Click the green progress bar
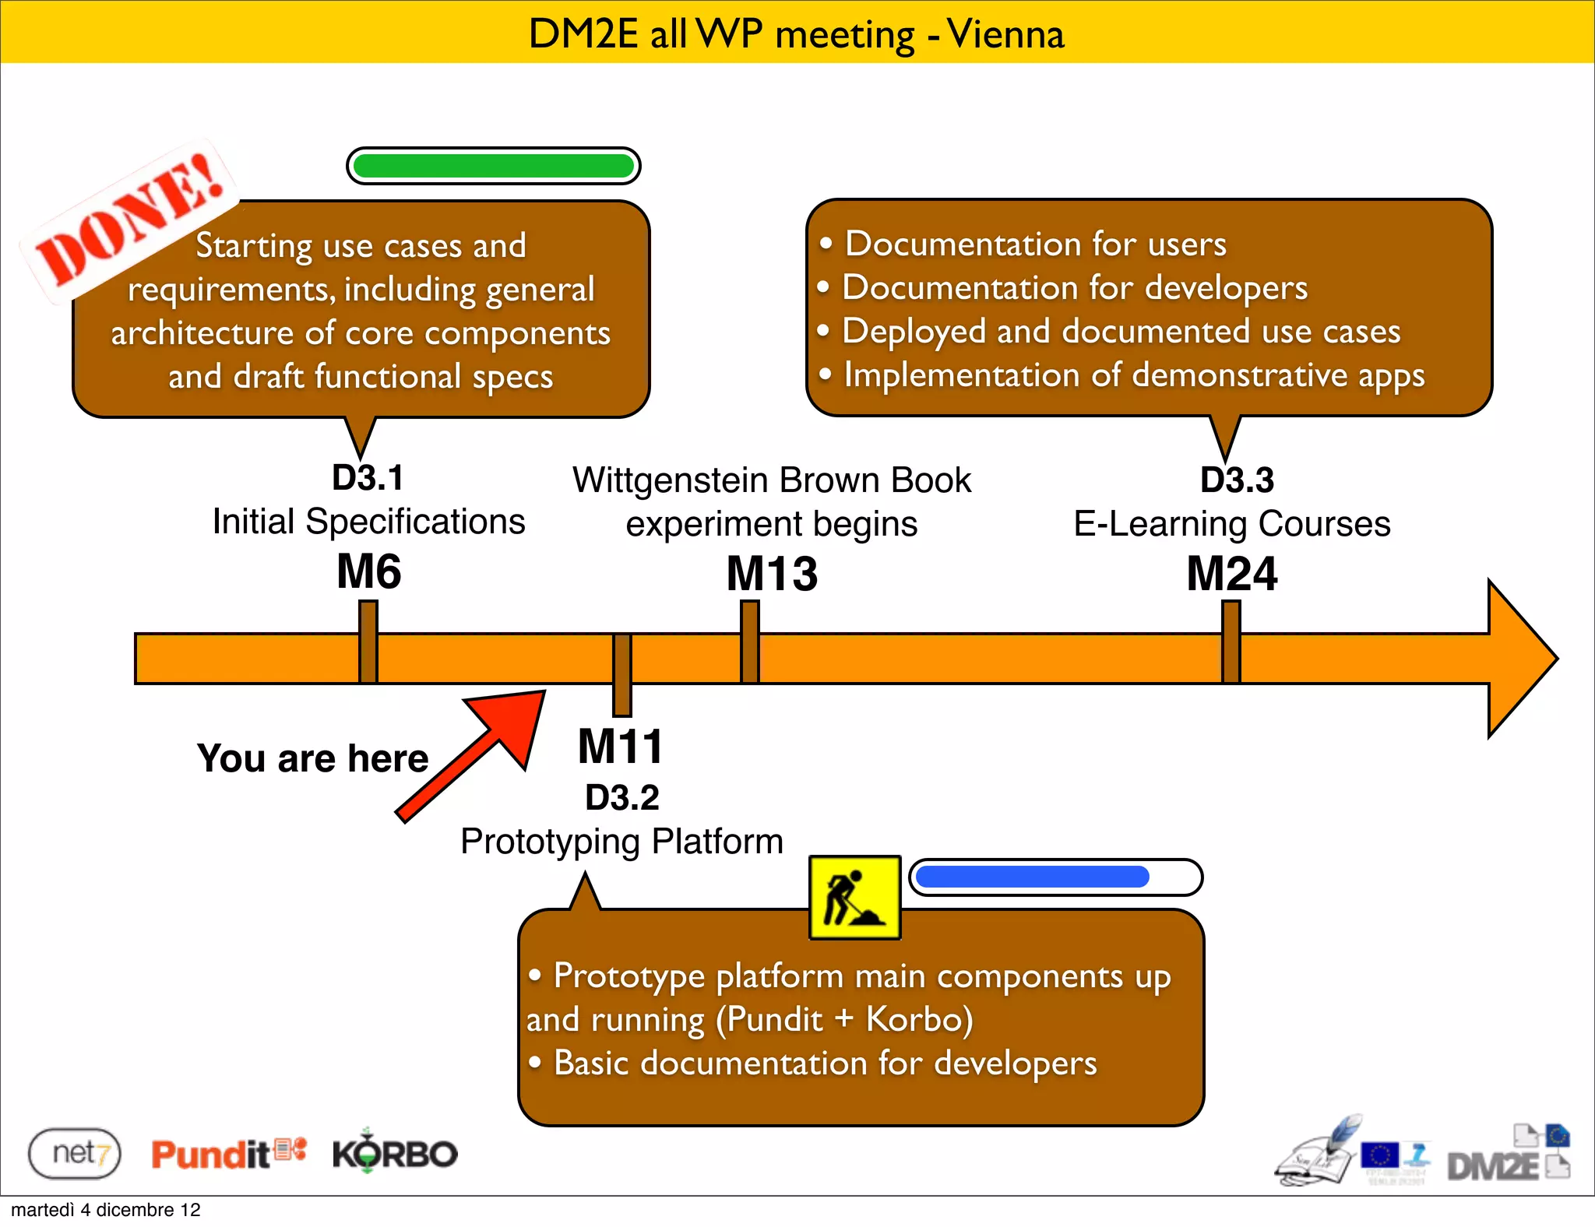493,166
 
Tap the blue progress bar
1055,877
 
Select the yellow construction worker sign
854,898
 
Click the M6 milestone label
369,571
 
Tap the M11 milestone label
621,747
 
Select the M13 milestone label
772,575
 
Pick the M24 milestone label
1231,575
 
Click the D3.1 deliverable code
368,478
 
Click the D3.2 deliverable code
622,797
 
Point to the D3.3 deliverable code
1237,480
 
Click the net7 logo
75,1153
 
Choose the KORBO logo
395,1152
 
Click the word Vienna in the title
1005,34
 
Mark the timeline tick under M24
1231,642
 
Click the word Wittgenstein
670,480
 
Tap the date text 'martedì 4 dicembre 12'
106,1210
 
